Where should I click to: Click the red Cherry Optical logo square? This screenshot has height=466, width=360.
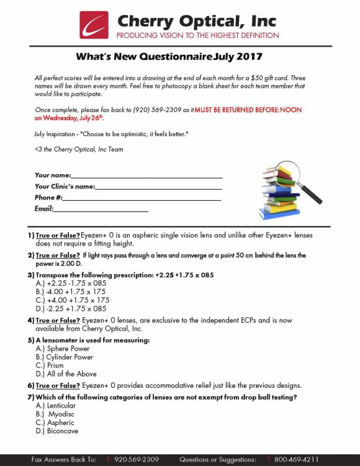point(94,25)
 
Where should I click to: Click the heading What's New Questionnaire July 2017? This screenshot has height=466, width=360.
point(169,57)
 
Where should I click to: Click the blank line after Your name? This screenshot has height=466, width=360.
point(146,176)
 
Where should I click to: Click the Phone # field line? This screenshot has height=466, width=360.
point(142,198)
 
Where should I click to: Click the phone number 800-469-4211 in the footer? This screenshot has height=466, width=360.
point(296,459)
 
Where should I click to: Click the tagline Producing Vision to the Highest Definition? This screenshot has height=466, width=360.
point(197,36)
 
